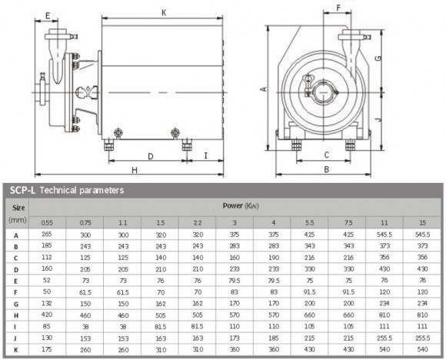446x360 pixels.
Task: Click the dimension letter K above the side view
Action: pos(165,12)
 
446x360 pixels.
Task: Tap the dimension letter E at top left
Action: pos(48,15)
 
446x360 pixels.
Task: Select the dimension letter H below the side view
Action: pos(133,169)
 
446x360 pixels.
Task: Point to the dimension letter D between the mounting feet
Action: pos(150,156)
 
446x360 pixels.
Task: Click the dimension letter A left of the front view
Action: pos(264,89)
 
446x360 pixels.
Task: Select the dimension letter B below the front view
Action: pos(326,169)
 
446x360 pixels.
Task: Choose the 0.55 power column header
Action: pos(48,222)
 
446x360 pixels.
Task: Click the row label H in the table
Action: pos(15,315)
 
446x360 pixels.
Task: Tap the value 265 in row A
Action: pos(48,234)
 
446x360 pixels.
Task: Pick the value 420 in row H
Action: pos(48,315)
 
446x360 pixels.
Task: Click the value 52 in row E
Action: pos(48,280)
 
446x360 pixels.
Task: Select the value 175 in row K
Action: pos(48,348)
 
